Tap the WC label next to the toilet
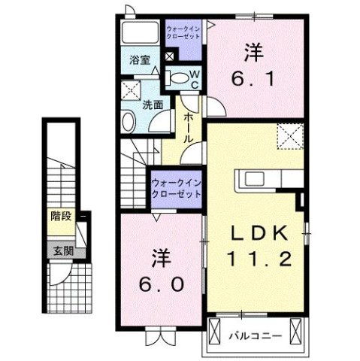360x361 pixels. (x=193, y=79)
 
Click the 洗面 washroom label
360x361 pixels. (x=153, y=106)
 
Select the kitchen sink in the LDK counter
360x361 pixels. (x=251, y=179)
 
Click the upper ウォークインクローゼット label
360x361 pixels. (x=183, y=33)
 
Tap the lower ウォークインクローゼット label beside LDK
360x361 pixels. (x=177, y=187)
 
